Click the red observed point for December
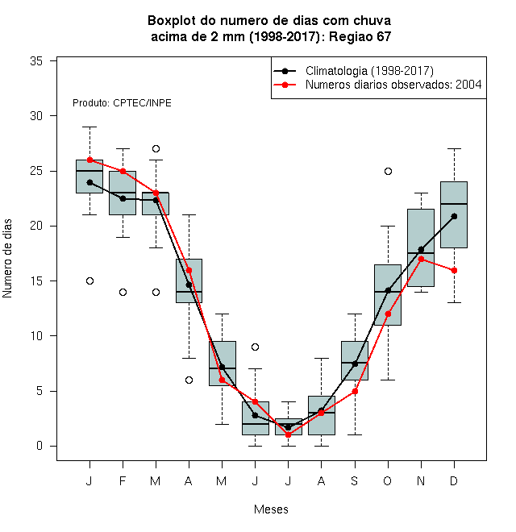point(454,270)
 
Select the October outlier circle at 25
point(388,172)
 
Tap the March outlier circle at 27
point(156,148)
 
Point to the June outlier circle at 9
point(256,347)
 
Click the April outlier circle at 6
point(189,380)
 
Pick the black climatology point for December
point(454,216)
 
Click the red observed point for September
point(355,391)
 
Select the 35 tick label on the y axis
point(36,61)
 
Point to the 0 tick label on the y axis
point(40,446)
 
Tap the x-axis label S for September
point(355,480)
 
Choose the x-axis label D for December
point(454,480)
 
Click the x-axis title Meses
point(271,509)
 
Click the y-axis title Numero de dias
point(7,259)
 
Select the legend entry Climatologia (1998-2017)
point(369,71)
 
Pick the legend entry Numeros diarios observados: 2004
point(393,85)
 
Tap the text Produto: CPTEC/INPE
point(122,103)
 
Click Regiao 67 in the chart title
point(360,36)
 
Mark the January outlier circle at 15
point(89,281)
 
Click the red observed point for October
point(388,314)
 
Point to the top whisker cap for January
point(89,127)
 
